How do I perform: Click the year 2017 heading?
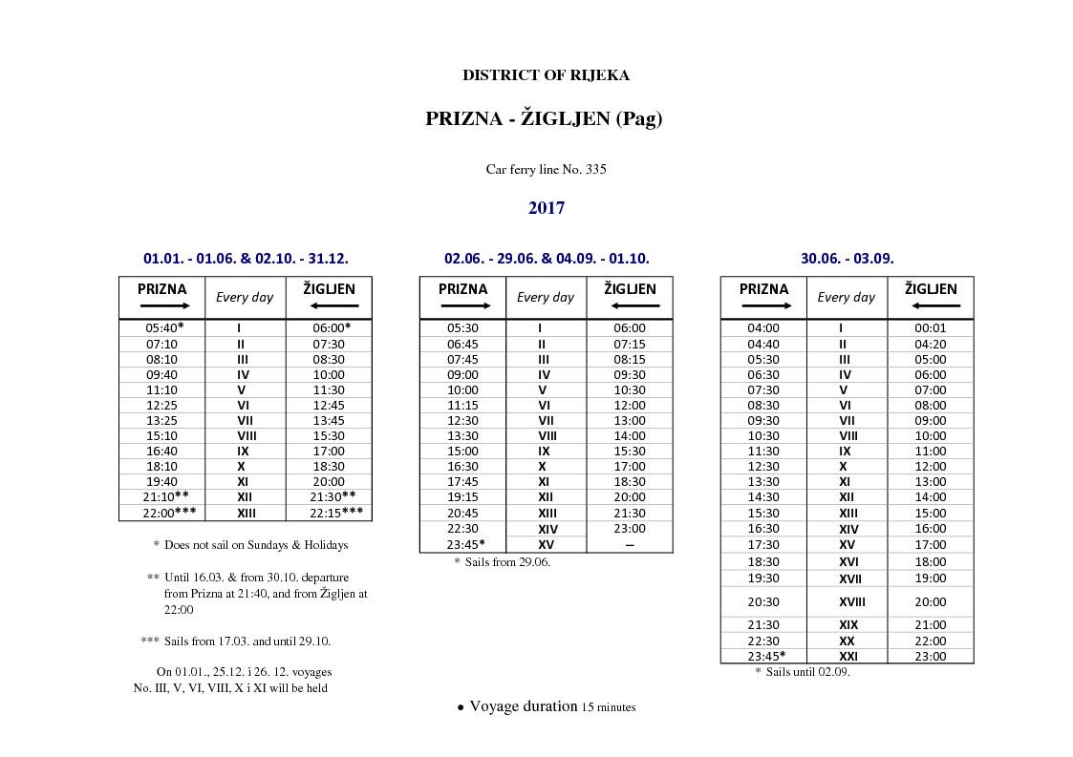pyautogui.click(x=546, y=208)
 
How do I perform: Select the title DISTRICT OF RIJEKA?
pyautogui.click(x=546, y=75)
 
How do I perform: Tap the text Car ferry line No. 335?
pyautogui.click(x=546, y=170)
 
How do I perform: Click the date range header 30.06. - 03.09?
pyautogui.click(x=847, y=258)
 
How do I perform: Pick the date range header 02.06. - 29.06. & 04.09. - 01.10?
pyautogui.click(x=546, y=258)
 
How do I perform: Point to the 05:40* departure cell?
pyautogui.click(x=163, y=327)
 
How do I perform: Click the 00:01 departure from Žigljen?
pyautogui.click(x=930, y=327)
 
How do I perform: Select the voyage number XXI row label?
pyautogui.click(x=848, y=656)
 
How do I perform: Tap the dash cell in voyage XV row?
pyautogui.click(x=629, y=544)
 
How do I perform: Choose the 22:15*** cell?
pyautogui.click(x=330, y=513)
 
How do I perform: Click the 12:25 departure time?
pyautogui.click(x=161, y=405)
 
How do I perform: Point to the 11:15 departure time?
pyautogui.click(x=462, y=405)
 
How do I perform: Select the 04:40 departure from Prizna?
pyautogui.click(x=762, y=344)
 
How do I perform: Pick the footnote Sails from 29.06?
pyautogui.click(x=502, y=562)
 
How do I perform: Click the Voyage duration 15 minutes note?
pyautogui.click(x=546, y=707)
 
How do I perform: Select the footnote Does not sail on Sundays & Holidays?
pyautogui.click(x=250, y=545)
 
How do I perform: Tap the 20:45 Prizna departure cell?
pyautogui.click(x=462, y=513)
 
